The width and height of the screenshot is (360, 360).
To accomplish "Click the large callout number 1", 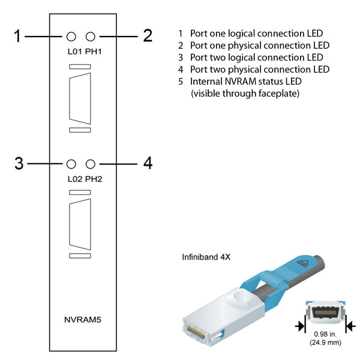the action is [x=17, y=36].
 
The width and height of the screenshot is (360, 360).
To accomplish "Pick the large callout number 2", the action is [x=148, y=35].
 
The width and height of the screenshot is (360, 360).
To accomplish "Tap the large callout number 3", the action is [x=19, y=163].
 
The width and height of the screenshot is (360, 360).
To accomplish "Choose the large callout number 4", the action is [x=148, y=163].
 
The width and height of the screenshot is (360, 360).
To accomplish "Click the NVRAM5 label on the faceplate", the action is [x=83, y=320].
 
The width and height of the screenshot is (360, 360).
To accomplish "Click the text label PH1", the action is [x=94, y=52].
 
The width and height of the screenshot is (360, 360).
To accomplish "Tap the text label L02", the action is [x=75, y=179].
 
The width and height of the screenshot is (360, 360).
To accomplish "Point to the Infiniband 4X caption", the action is [x=206, y=257].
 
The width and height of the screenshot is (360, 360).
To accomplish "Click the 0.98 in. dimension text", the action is [x=325, y=334].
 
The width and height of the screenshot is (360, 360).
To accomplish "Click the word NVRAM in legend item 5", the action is [x=241, y=82].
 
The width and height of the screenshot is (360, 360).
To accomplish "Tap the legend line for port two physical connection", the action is [x=254, y=70].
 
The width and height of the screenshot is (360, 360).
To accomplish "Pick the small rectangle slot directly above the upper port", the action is [x=80, y=67].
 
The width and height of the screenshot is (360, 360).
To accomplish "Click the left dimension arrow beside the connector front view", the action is [x=300, y=326].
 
